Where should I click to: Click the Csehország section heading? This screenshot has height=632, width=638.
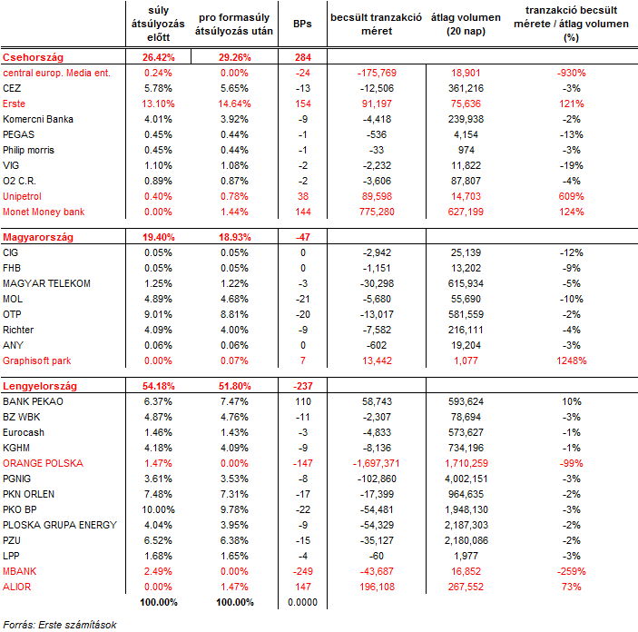(x=33, y=57)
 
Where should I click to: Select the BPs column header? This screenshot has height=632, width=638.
(x=302, y=24)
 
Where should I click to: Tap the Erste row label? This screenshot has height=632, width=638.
(x=14, y=104)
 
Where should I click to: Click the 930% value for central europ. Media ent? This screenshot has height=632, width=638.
(x=571, y=73)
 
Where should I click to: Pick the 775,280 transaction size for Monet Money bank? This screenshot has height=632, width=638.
(x=377, y=212)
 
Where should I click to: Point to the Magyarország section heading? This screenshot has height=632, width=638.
(x=38, y=237)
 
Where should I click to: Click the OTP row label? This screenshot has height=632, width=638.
(x=12, y=314)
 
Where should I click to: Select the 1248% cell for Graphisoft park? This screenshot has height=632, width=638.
(x=571, y=360)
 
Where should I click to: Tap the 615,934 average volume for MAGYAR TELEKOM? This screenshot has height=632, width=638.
(x=466, y=283)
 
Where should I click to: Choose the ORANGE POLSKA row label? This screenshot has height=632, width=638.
(x=43, y=463)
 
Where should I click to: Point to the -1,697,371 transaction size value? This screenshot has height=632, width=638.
(x=377, y=463)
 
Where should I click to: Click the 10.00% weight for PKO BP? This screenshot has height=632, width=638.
(x=158, y=509)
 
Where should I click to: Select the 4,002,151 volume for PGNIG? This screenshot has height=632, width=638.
(x=466, y=479)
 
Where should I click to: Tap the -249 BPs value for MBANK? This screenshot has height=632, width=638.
(x=303, y=571)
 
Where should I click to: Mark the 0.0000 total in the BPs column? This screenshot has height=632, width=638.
(x=302, y=602)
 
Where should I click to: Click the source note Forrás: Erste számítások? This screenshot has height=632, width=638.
(x=60, y=625)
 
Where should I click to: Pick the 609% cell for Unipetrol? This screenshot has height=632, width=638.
(x=571, y=196)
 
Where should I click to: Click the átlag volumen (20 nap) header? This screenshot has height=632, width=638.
(x=466, y=24)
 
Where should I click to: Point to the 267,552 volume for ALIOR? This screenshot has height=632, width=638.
(x=466, y=587)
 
